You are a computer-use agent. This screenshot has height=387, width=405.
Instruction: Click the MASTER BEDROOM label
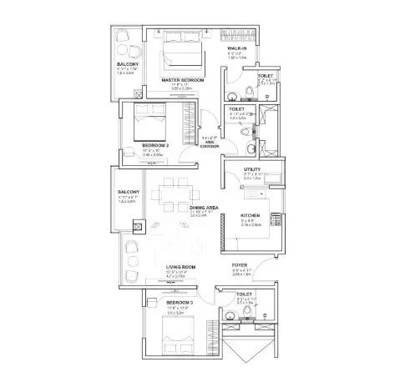tap(177, 80)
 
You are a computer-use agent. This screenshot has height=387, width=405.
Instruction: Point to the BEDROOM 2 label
tap(155, 146)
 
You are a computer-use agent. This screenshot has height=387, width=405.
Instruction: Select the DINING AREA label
tap(204, 208)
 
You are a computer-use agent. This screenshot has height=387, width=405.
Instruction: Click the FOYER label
tap(240, 266)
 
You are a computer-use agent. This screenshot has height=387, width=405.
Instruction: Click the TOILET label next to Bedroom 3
tap(244, 294)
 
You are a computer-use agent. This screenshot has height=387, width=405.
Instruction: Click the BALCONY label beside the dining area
tap(128, 192)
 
